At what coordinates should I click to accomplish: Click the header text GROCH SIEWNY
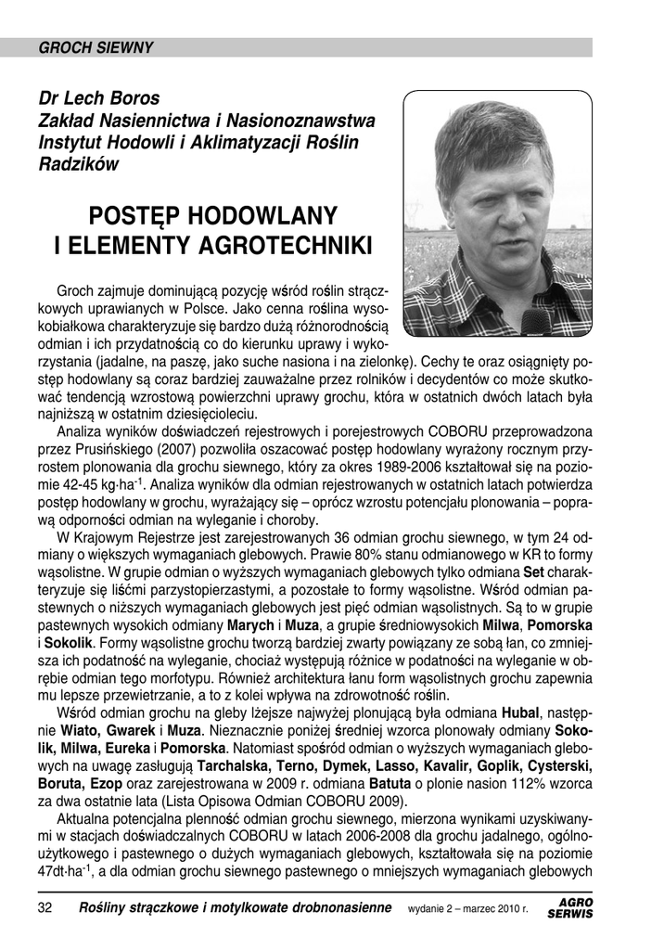pyautogui.click(x=96, y=48)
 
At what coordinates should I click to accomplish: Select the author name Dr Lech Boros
pyautogui.click(x=98, y=98)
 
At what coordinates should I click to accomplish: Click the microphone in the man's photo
pyautogui.click(x=536, y=322)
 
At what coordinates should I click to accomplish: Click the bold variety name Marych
pyautogui.click(x=251, y=623)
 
